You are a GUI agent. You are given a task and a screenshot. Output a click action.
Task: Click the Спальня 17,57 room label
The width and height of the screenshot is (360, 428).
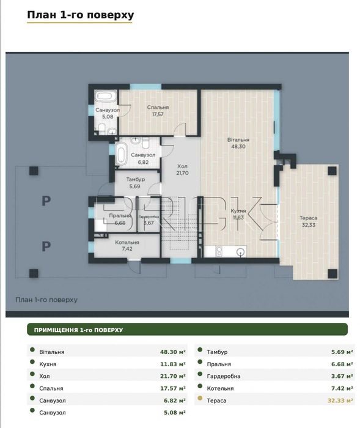click(158, 111)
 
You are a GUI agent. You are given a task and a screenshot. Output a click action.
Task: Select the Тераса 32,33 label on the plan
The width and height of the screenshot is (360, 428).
click(309, 221)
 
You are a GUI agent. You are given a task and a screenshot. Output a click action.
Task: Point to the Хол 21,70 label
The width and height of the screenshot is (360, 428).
click(182, 169)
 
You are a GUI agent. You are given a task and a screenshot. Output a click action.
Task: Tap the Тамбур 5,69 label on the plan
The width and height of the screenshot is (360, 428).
click(135, 183)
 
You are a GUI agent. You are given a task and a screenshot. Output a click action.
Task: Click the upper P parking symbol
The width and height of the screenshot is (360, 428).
click(46, 201)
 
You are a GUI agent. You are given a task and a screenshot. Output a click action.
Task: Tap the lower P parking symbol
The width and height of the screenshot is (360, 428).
click(46, 246)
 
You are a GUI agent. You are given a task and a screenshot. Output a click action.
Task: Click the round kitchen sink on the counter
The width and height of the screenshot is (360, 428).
click(240, 252)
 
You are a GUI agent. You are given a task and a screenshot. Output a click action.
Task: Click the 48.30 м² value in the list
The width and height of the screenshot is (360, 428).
click(173, 352)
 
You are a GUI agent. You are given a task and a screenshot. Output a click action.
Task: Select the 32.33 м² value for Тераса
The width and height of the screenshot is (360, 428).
click(340, 400)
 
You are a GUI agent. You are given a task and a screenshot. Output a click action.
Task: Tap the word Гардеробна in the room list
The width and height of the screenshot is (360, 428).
click(224, 376)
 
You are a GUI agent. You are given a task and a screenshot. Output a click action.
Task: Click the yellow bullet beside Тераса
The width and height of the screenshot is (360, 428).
click(200, 398)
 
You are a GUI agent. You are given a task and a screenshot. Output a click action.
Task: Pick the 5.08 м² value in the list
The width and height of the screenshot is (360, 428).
click(175, 413)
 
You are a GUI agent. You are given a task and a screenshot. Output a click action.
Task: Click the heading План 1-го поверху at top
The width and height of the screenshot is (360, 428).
click(81, 15)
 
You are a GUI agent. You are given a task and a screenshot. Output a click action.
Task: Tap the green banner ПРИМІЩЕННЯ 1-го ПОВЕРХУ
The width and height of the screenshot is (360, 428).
click(187, 330)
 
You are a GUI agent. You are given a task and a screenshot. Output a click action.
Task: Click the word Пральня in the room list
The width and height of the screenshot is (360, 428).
click(219, 364)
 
